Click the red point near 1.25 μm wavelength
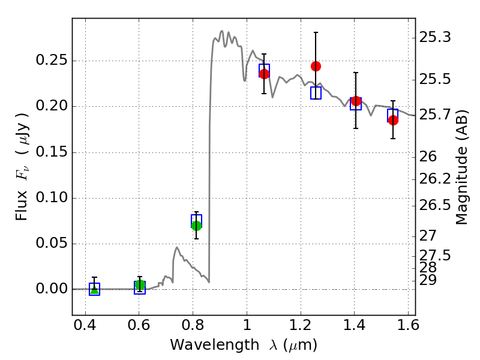point(316,66)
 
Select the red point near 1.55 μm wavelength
point(393,120)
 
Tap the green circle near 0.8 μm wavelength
point(196,226)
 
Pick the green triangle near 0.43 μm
point(95,289)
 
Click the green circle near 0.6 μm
point(140,284)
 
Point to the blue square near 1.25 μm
point(316,93)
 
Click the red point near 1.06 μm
point(264,74)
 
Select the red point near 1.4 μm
point(356,101)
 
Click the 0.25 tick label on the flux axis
point(52,60)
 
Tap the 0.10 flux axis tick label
point(52,197)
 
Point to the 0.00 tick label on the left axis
point(52,289)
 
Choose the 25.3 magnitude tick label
point(435,37)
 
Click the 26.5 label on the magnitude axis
point(435,205)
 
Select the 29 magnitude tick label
point(428,280)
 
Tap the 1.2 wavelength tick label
point(301,325)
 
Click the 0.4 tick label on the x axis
point(85,325)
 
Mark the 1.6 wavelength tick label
point(408,325)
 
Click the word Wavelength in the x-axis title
point(215,345)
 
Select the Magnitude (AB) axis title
point(461,167)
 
